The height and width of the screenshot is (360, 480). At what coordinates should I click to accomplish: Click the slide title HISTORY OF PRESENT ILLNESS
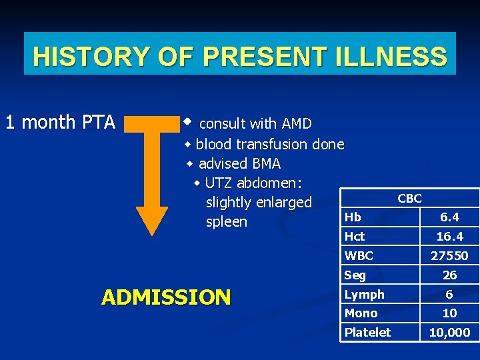point(239,56)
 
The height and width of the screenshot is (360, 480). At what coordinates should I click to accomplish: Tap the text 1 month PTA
point(60,123)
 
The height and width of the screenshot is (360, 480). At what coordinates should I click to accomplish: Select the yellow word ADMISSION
point(166,297)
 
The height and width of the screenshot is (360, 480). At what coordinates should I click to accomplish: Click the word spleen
point(226,221)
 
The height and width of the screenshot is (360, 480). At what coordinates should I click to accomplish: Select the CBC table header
point(409,198)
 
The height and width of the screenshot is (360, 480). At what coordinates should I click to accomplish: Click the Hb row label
point(353,217)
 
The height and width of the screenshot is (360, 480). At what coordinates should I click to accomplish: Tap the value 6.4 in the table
point(449,217)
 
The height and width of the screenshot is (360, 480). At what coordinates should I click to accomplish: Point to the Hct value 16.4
point(449,237)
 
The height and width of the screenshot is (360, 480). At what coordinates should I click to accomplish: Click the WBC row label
point(359,255)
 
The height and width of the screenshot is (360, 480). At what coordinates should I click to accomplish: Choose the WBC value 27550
point(449,255)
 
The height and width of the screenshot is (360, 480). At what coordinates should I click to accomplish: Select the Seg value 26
point(449,275)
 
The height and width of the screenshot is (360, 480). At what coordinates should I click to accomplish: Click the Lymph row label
point(364,294)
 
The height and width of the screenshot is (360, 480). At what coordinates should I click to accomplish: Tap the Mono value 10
point(449,313)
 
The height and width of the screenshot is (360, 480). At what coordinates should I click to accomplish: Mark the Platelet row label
point(367,332)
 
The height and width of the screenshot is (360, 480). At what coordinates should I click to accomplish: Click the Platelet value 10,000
point(449,332)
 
